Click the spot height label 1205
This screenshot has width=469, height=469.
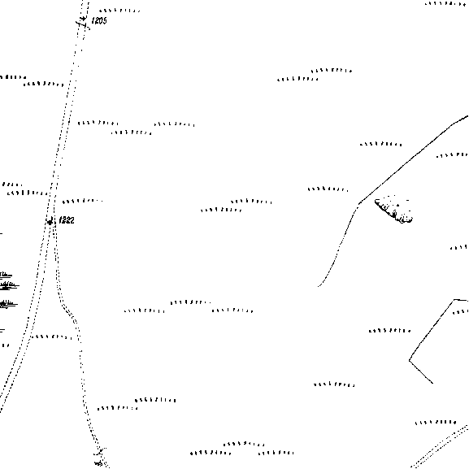[x=99, y=20]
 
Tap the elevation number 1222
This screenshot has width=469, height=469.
[x=67, y=220]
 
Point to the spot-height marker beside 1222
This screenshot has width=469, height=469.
[x=50, y=222]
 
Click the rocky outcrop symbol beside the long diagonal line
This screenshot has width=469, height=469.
[x=394, y=210]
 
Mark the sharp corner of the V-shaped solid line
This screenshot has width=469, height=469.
[x=410, y=360]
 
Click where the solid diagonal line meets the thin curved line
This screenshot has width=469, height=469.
[x=359, y=203]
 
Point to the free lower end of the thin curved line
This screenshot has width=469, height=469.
[x=319, y=286]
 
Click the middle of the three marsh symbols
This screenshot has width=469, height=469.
[x=8, y=285]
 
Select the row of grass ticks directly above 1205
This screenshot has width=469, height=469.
[x=119, y=11]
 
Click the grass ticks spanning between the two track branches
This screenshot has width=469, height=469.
[x=51, y=337]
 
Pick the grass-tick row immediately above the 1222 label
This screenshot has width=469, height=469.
[x=83, y=201]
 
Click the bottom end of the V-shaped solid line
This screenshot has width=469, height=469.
[x=432, y=383]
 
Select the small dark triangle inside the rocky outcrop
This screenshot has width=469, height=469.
[x=397, y=205]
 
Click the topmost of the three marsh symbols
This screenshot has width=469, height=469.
[x=6, y=274]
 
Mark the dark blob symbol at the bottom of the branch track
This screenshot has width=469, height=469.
[x=98, y=463]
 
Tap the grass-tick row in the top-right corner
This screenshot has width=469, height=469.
[x=445, y=3]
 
